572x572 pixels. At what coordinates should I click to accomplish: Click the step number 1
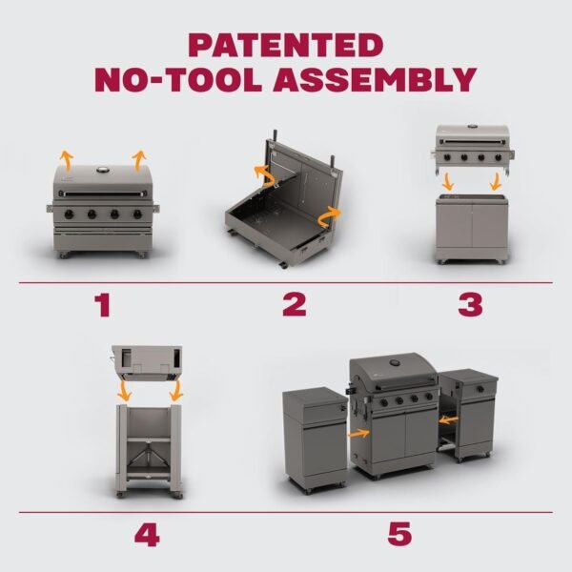tap(103, 305)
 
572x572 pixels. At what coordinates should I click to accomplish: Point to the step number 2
tap(294, 305)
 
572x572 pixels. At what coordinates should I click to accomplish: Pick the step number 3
tap(470, 305)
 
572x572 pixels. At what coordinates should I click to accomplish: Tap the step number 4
tap(146, 534)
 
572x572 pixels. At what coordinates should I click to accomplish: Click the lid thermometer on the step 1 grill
tap(101, 170)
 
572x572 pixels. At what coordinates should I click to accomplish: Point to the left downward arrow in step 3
tap(448, 182)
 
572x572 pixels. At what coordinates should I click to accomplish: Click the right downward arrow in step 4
tap(175, 392)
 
